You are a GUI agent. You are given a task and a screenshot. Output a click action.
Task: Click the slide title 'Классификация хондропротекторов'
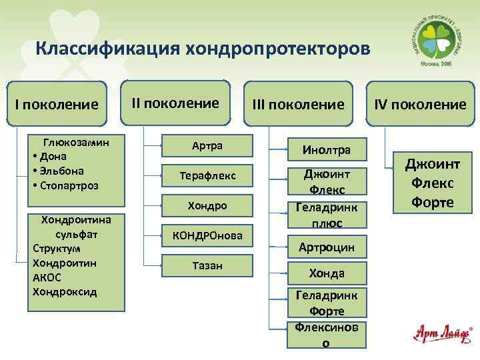point(201,49)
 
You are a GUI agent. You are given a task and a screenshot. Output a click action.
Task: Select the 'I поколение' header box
point(57,105)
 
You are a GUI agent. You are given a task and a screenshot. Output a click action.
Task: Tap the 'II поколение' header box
point(175,103)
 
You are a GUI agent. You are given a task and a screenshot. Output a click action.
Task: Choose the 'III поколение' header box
point(298,105)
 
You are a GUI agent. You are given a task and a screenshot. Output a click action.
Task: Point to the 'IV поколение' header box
point(420,105)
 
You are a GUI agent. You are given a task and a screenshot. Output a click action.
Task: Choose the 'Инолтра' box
point(327,150)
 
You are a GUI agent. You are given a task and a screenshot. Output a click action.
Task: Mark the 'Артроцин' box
point(327,248)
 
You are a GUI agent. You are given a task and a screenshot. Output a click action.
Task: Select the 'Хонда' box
point(327,273)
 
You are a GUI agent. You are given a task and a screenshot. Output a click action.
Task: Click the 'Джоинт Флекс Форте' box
point(430,182)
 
